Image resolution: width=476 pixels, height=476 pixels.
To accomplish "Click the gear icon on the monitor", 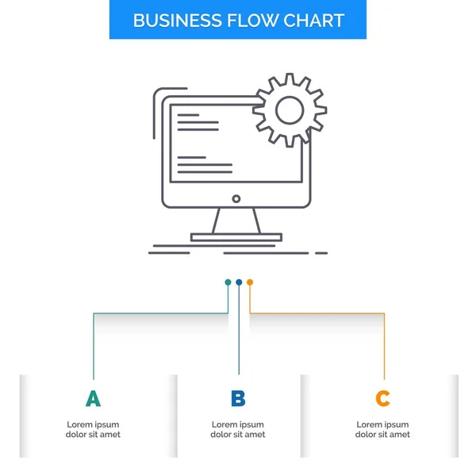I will tap(290, 110).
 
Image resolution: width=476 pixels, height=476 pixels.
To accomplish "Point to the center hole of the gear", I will tap(290, 110).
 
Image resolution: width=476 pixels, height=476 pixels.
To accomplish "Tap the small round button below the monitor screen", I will tap(236, 198).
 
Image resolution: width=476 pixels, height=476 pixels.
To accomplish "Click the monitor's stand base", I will tap(236, 236).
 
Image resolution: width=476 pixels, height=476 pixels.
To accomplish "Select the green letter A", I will tap(93, 399).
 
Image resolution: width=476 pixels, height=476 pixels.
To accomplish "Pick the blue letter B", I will tap(238, 399).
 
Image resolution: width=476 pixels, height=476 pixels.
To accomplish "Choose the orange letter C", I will tap(383, 399).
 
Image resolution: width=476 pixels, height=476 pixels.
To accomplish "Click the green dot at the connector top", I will tap(228, 282).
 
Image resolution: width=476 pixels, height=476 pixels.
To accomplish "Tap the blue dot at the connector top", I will tap(239, 282).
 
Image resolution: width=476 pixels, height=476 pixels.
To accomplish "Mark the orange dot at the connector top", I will tap(250, 282).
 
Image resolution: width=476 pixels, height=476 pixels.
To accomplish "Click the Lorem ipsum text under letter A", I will tap(93, 429).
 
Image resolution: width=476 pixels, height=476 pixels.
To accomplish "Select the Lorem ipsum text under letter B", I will tap(238, 429).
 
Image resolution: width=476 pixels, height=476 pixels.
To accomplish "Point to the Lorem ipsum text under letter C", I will tap(383, 429).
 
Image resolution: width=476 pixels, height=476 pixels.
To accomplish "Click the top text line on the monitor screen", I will tap(188, 115).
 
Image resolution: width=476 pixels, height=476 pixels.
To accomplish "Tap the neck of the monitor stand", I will tap(236, 221).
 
